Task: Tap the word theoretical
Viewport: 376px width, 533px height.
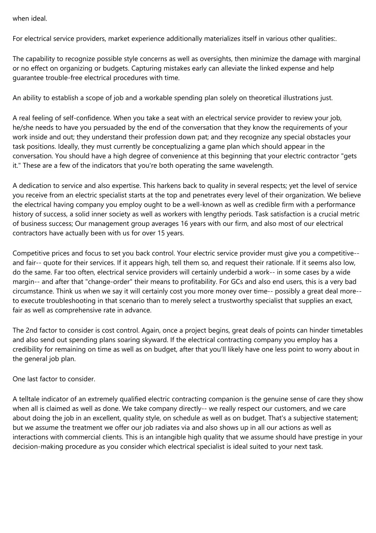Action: [x=265, y=98]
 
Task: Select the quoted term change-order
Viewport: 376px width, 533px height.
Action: [x=97, y=282]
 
